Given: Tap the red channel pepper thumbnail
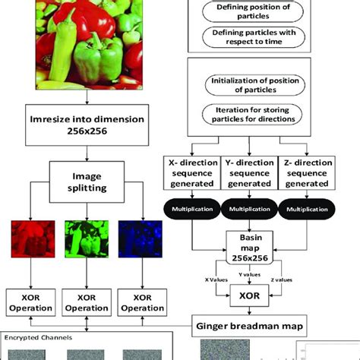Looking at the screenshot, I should [x=30, y=244].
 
